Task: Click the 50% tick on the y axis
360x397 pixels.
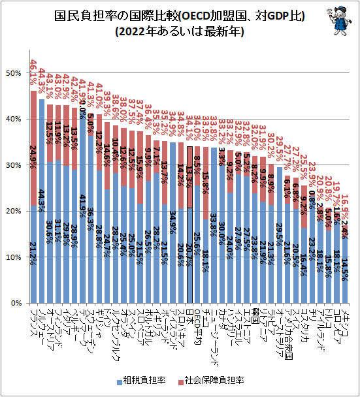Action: pos(13,73)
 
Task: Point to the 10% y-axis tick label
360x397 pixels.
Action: pos(13,257)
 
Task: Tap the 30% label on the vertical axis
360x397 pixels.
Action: pos(13,165)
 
